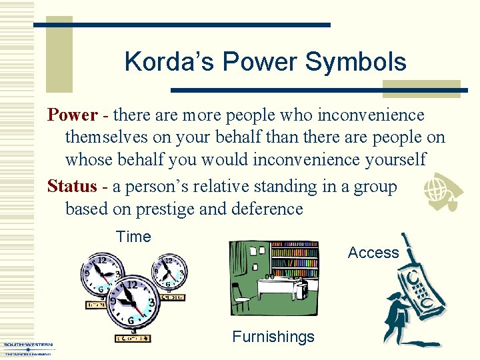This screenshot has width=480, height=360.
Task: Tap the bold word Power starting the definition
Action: click(x=72, y=115)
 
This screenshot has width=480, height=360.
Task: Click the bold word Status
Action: click(x=72, y=186)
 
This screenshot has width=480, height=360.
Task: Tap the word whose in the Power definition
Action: click(x=91, y=159)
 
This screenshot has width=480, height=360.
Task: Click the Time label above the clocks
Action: click(x=133, y=237)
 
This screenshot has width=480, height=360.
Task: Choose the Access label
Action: click(x=373, y=253)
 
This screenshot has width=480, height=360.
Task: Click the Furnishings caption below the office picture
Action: click(x=273, y=337)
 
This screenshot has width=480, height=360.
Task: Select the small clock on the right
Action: click(x=170, y=272)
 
